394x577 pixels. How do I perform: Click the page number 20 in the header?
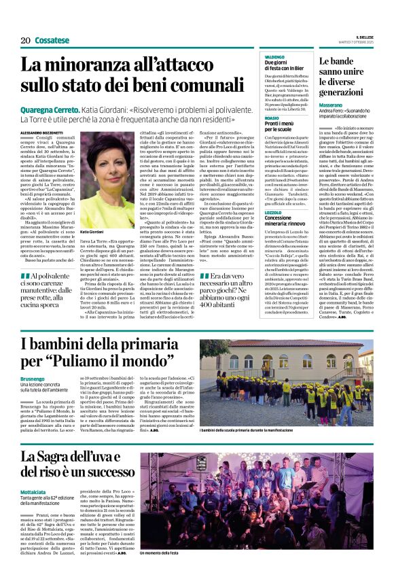26,41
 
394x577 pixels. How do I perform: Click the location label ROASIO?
272,118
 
